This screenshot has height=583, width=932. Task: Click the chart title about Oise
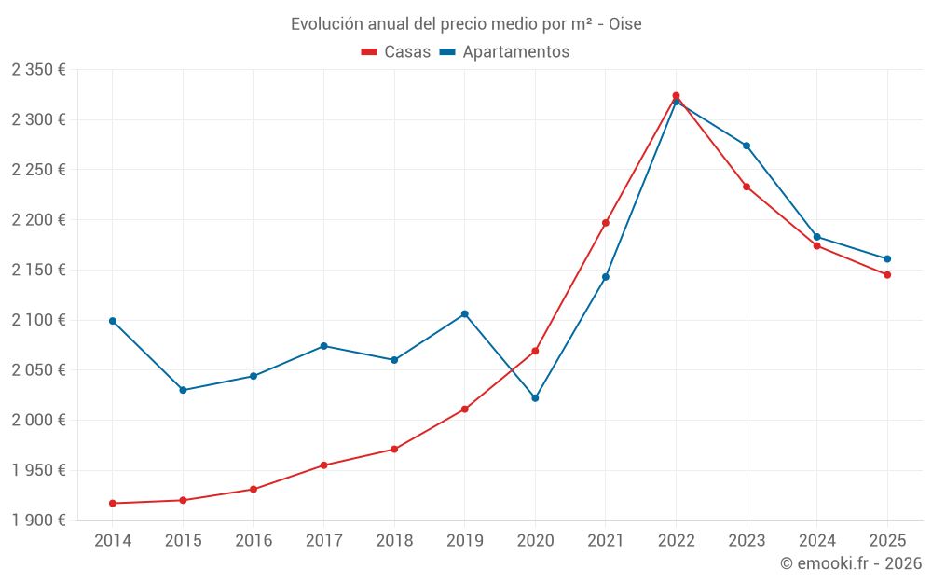(x=466, y=23)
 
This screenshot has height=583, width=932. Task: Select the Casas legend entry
(x=396, y=51)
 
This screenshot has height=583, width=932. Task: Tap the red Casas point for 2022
(x=676, y=96)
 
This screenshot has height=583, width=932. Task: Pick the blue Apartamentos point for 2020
(x=535, y=398)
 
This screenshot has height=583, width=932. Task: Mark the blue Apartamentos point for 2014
(x=113, y=321)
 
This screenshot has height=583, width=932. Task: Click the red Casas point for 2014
(x=113, y=504)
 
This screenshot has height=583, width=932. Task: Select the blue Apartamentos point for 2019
(x=465, y=314)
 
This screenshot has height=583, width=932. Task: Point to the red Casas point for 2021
(x=606, y=223)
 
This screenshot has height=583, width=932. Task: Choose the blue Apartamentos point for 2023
(x=747, y=146)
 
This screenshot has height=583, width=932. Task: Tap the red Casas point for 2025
(x=887, y=275)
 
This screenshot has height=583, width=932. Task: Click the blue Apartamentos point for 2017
(x=323, y=346)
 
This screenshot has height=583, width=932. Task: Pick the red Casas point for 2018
(x=394, y=450)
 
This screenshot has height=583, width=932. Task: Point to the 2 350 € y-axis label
(x=38, y=70)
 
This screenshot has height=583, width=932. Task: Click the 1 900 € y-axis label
(x=38, y=521)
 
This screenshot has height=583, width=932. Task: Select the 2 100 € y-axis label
(x=38, y=320)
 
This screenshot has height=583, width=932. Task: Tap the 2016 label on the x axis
(x=254, y=541)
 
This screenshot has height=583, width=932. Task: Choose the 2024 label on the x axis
(x=816, y=541)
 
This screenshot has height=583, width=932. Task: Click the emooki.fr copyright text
(x=850, y=563)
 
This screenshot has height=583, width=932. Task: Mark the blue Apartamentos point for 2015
(x=183, y=390)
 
